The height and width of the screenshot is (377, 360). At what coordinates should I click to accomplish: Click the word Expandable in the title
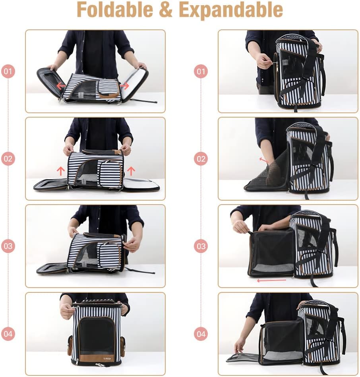(231, 10)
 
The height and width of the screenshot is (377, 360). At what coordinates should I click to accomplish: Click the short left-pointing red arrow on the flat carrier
(61, 85)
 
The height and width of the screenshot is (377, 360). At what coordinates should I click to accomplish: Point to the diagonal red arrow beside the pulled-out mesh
(263, 160)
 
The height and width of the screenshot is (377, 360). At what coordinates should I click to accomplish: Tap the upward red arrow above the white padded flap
(131, 171)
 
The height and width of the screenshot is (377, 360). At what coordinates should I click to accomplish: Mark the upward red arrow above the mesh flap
(60, 171)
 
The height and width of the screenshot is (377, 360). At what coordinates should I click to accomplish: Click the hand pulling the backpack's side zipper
(263, 61)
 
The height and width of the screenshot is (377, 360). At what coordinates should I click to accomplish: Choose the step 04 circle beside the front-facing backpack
(8, 334)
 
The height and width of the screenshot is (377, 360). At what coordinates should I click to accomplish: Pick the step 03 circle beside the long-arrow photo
(201, 246)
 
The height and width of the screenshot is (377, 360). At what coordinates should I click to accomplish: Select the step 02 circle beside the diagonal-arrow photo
(201, 159)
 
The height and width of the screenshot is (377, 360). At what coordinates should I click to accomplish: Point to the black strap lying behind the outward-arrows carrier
(143, 101)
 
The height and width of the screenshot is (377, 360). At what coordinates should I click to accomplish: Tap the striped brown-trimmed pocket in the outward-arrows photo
(109, 88)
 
